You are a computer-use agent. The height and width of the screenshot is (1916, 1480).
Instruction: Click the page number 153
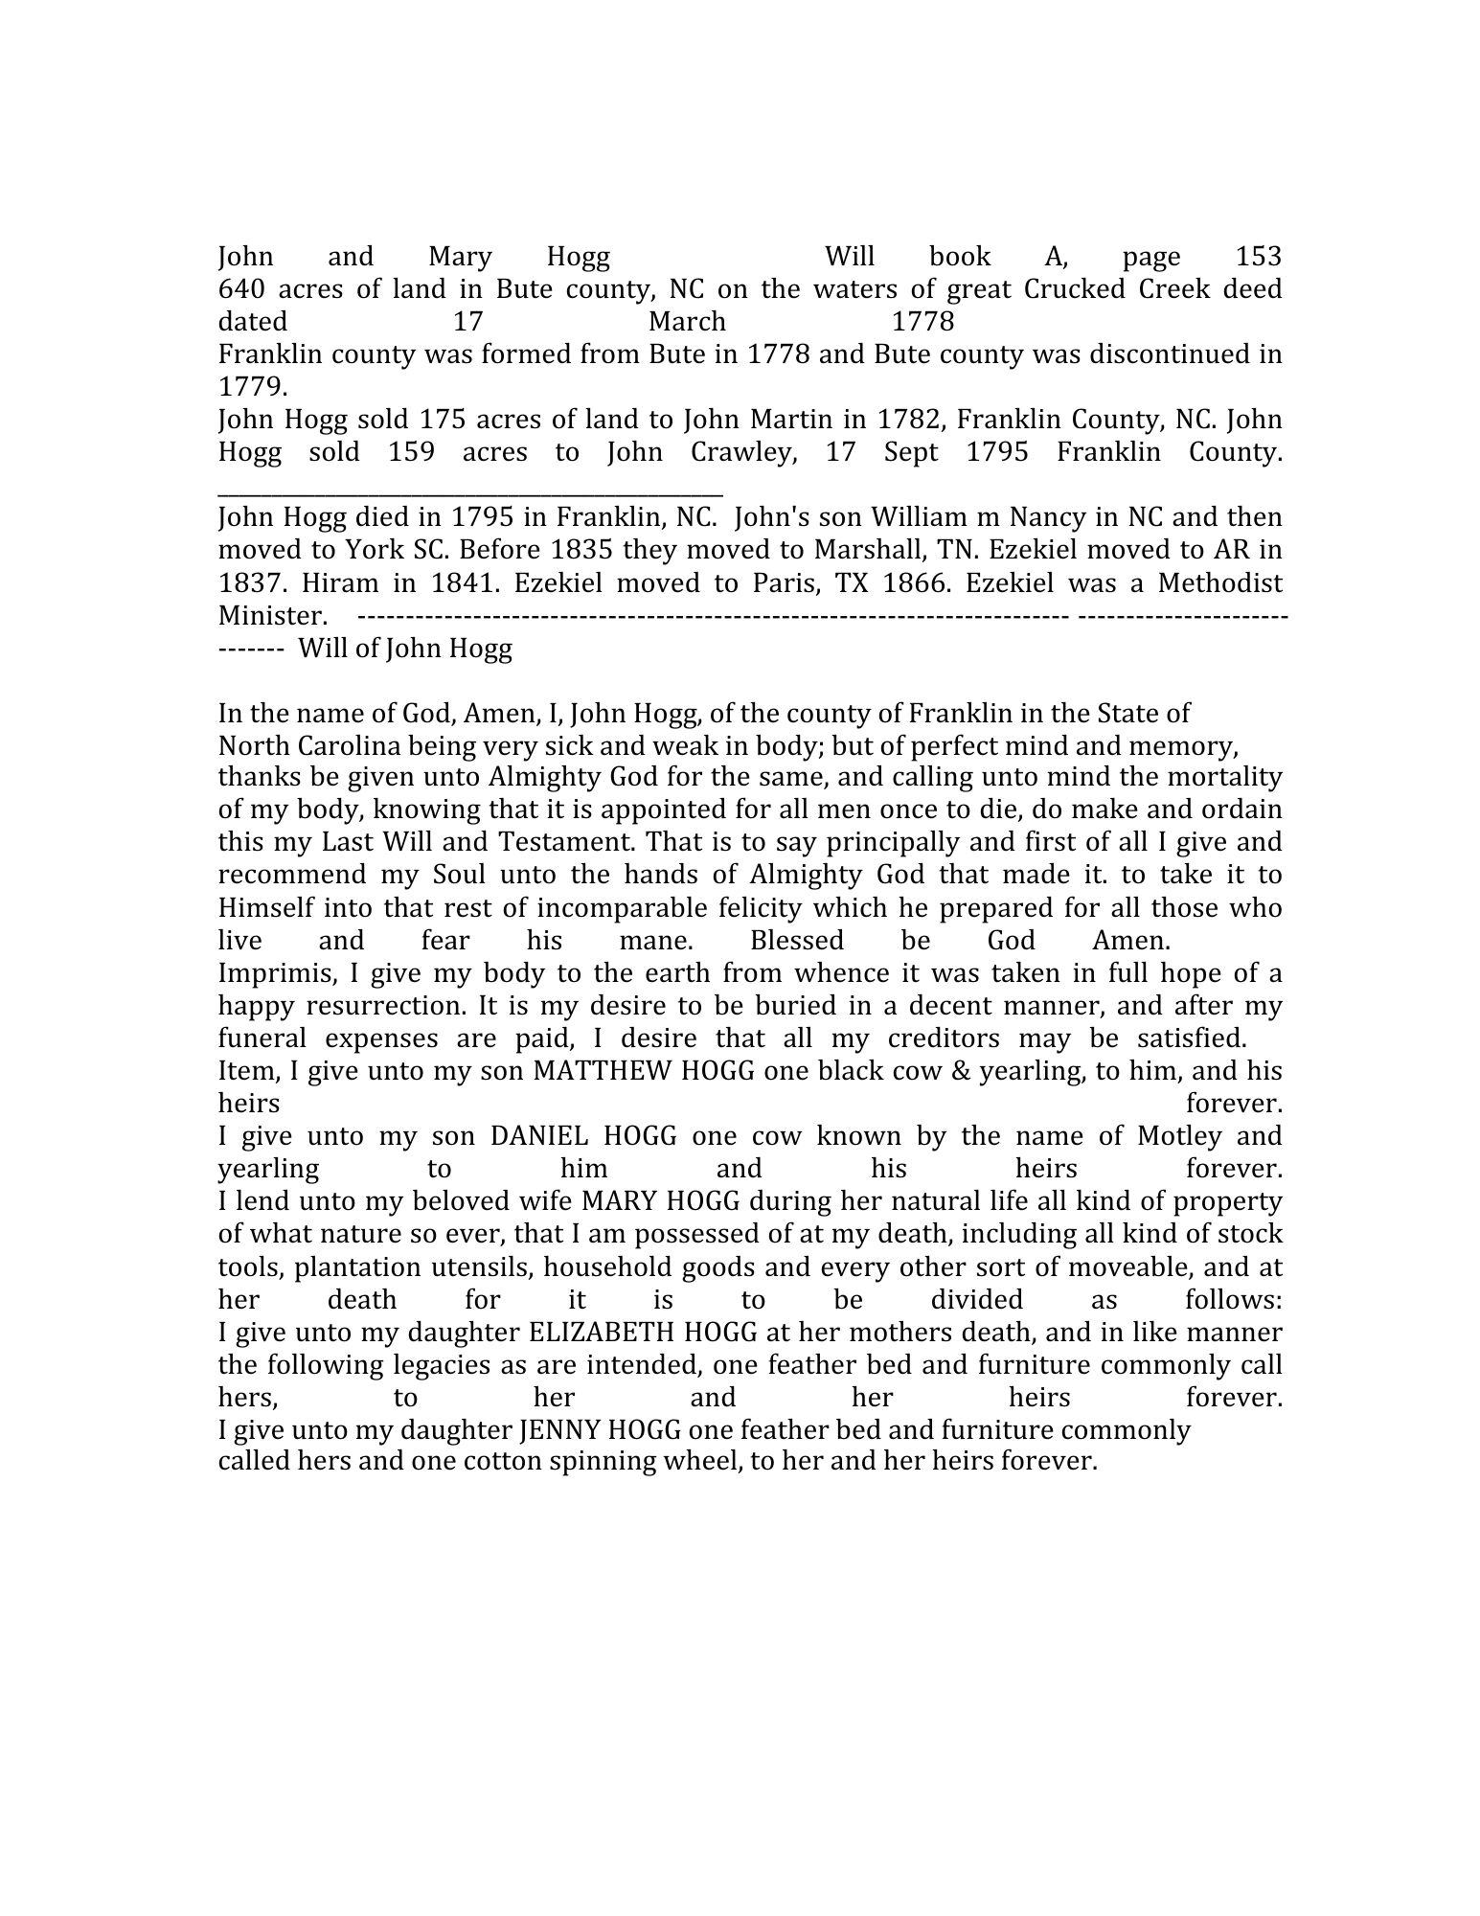click(1258, 257)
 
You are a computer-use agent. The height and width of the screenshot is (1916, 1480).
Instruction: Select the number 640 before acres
click(239, 289)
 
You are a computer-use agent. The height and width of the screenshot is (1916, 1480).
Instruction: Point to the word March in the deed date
click(687, 321)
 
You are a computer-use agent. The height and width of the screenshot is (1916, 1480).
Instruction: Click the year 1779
click(251, 387)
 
